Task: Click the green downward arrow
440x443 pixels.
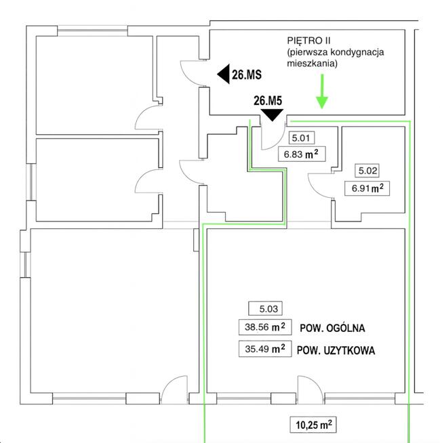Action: [321, 95]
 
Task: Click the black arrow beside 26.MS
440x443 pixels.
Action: [223, 75]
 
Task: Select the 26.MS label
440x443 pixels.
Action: [247, 75]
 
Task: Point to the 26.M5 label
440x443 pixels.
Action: [268, 101]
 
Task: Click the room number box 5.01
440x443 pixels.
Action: [300, 138]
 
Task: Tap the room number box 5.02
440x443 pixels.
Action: [368, 172]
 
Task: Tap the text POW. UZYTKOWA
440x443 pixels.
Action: [336, 351]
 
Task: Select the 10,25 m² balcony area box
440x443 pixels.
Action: [313, 425]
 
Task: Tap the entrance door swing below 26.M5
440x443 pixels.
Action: [273, 138]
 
